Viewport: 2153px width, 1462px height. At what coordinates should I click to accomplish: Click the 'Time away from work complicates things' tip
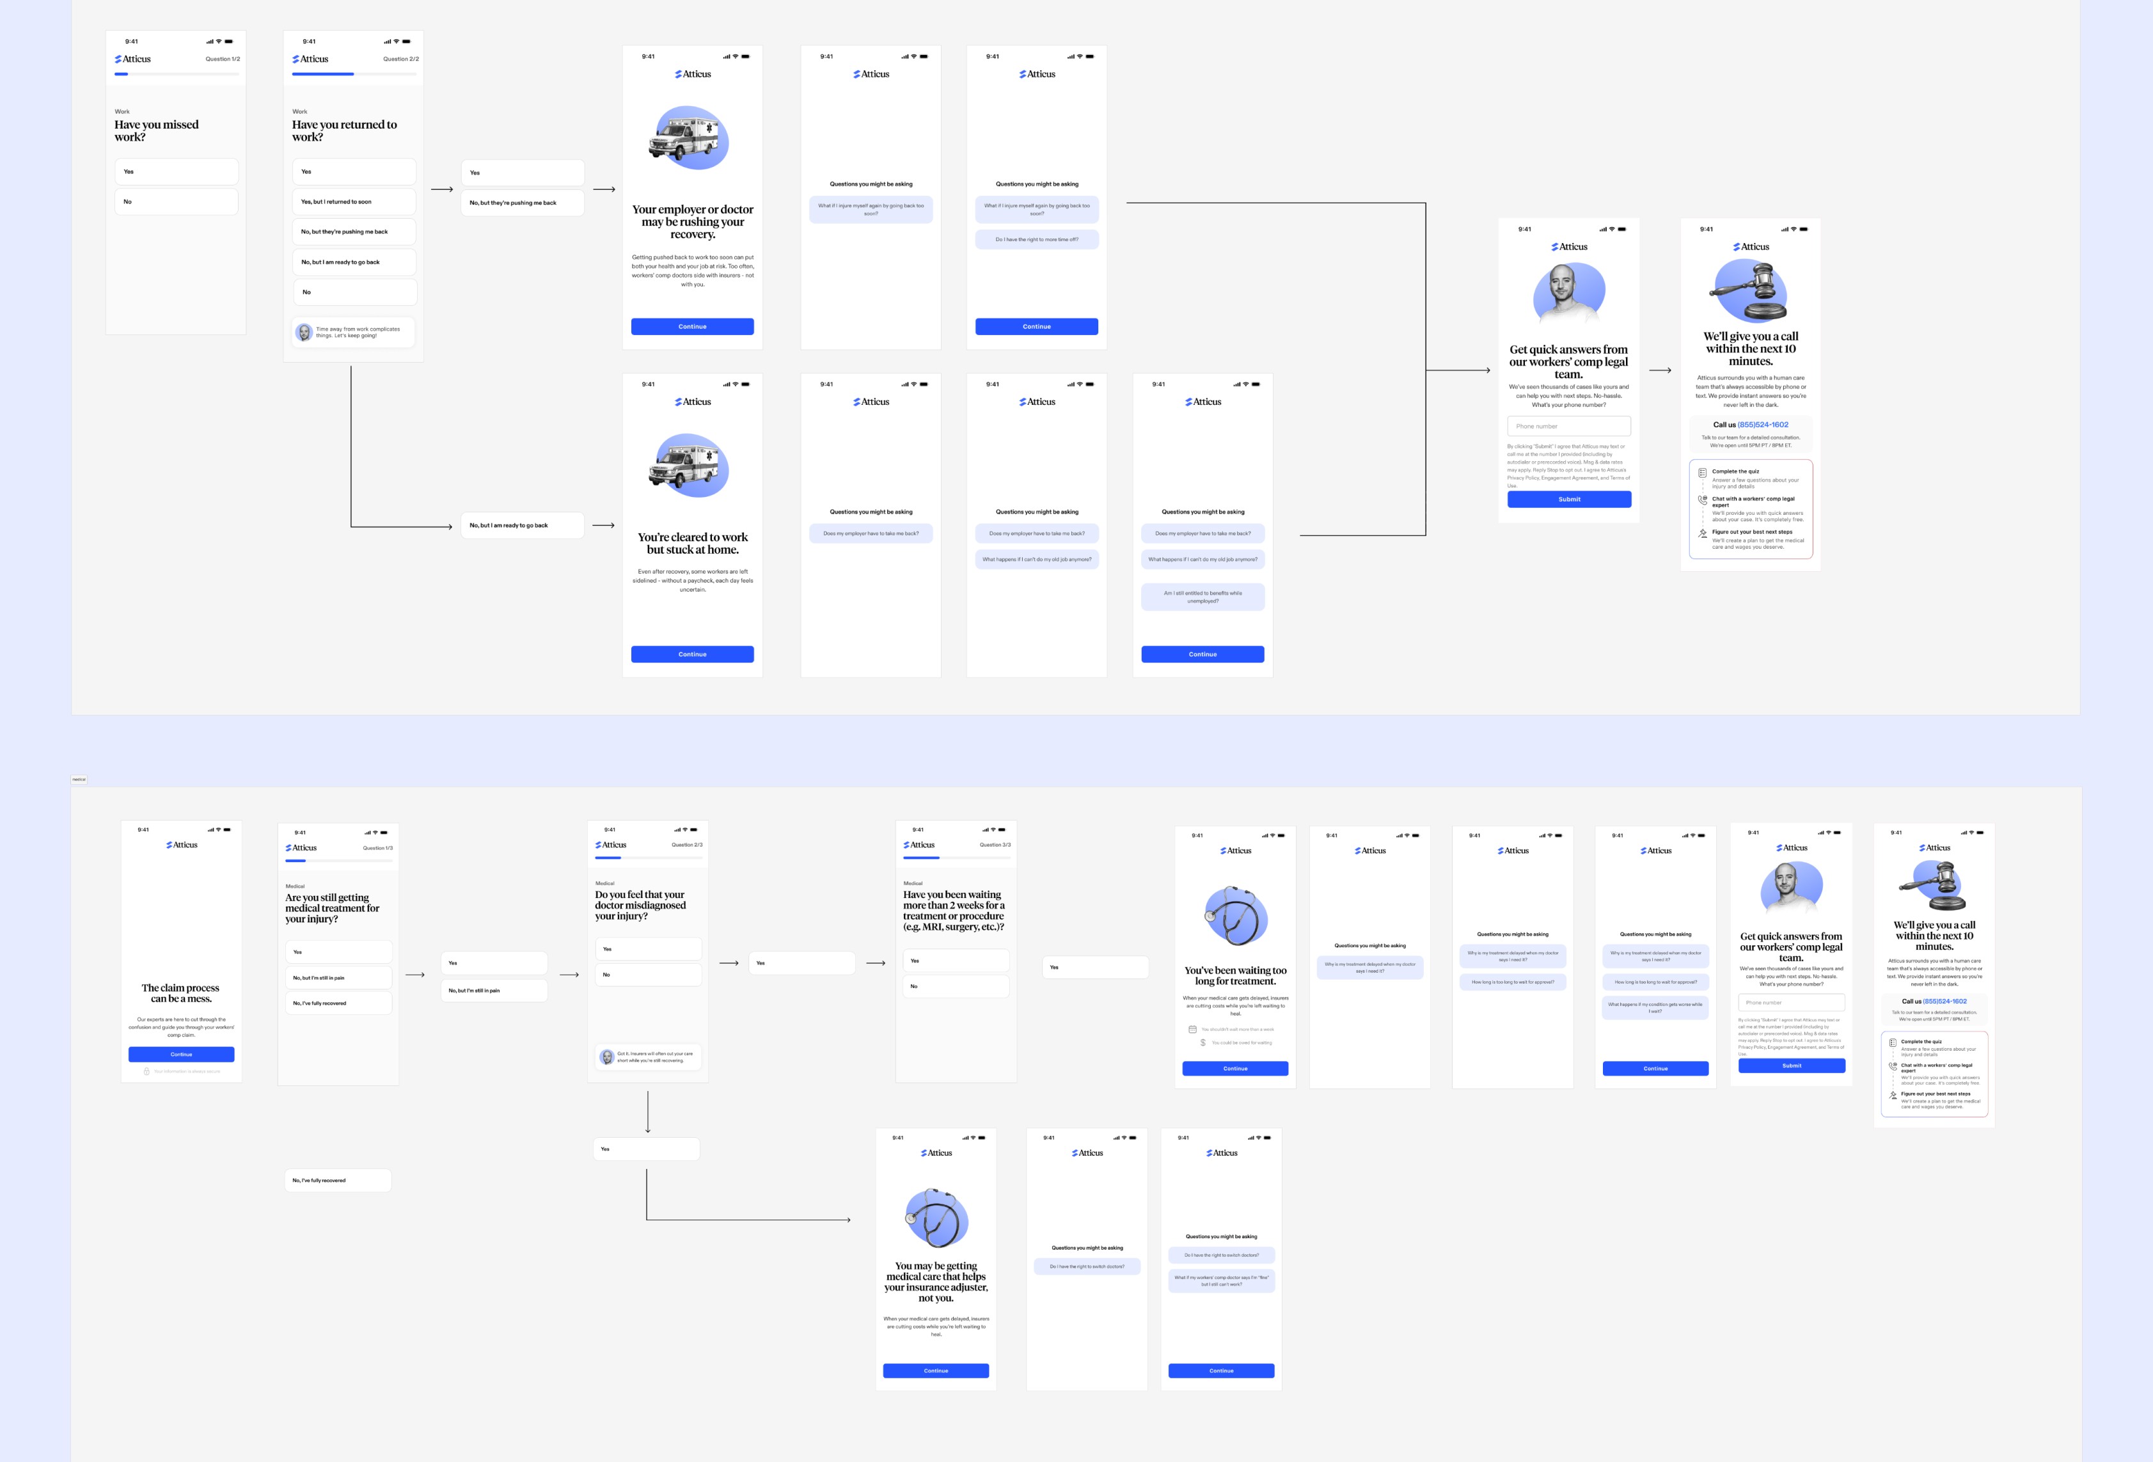coord(354,332)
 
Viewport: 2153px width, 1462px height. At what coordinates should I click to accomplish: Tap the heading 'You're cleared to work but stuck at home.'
coord(692,543)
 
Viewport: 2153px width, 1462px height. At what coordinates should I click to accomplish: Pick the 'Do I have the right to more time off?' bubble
coord(1037,240)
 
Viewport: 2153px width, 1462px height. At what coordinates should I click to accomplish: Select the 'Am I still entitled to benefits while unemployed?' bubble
coord(1203,597)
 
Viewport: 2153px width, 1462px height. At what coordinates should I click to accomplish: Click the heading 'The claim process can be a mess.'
coord(180,993)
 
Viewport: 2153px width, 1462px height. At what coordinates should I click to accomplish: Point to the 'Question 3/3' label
coord(995,845)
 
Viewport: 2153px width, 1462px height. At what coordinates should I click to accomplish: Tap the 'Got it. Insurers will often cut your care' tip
coord(649,1057)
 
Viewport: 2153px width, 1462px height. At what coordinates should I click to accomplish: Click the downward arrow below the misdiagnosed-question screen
coord(647,1112)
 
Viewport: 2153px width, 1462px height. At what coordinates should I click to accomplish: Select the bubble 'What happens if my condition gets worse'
coord(1655,1007)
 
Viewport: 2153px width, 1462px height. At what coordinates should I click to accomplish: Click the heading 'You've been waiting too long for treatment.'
coord(1235,975)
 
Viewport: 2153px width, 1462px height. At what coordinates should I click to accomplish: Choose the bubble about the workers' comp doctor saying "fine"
coord(1221,1280)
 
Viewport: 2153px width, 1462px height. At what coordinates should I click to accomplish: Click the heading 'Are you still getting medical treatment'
coord(332,908)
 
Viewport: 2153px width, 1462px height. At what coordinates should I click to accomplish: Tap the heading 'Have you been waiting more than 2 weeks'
coord(954,911)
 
